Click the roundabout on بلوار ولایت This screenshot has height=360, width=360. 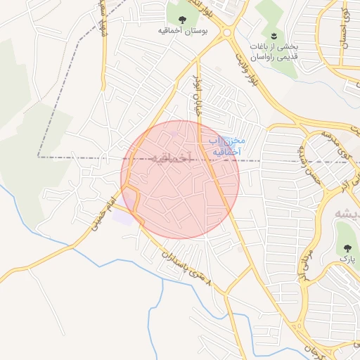pyautogui.click(x=226, y=32)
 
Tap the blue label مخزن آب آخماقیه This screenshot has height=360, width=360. pyautogui.click(x=226, y=146)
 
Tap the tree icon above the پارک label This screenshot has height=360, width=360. pyautogui.click(x=347, y=247)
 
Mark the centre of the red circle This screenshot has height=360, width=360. pyautogui.click(x=180, y=179)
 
